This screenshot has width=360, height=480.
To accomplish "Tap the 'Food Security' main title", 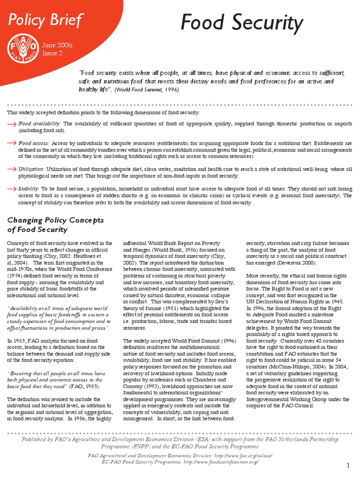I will click(x=242, y=23).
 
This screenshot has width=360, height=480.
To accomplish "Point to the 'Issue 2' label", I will click(x=52, y=53).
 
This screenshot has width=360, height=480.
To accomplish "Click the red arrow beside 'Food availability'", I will click(x=12, y=124).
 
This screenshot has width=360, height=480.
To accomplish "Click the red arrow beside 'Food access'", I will click(x=12, y=143).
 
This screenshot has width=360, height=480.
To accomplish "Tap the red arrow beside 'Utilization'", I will click(x=12, y=168).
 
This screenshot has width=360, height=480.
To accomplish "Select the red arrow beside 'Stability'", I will click(x=12, y=188).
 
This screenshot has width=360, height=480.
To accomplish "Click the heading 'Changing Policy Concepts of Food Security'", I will click(x=55, y=225).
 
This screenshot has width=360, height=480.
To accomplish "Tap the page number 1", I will click(x=349, y=465).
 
